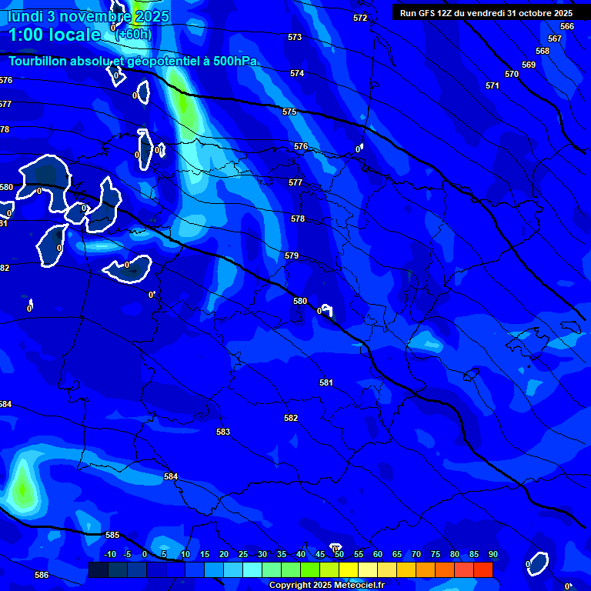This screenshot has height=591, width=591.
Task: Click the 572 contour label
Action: (x=360, y=18)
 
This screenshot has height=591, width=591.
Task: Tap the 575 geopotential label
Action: (x=289, y=112)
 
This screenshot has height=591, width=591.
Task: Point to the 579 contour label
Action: (x=292, y=255)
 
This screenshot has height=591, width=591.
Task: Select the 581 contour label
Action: (x=326, y=382)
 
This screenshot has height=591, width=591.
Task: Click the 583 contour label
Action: (x=223, y=432)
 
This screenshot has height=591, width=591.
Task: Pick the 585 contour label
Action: (x=112, y=535)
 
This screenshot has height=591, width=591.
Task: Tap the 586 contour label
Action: (x=42, y=575)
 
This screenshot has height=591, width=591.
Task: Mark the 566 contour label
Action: (x=567, y=26)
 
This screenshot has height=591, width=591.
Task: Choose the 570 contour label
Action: (x=512, y=74)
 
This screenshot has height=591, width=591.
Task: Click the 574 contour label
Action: (x=297, y=73)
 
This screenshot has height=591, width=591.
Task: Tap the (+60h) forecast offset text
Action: (x=133, y=35)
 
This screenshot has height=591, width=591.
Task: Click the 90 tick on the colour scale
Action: (x=492, y=554)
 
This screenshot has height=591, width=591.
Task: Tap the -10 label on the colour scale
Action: (x=110, y=554)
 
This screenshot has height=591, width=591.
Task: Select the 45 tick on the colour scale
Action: (x=319, y=554)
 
